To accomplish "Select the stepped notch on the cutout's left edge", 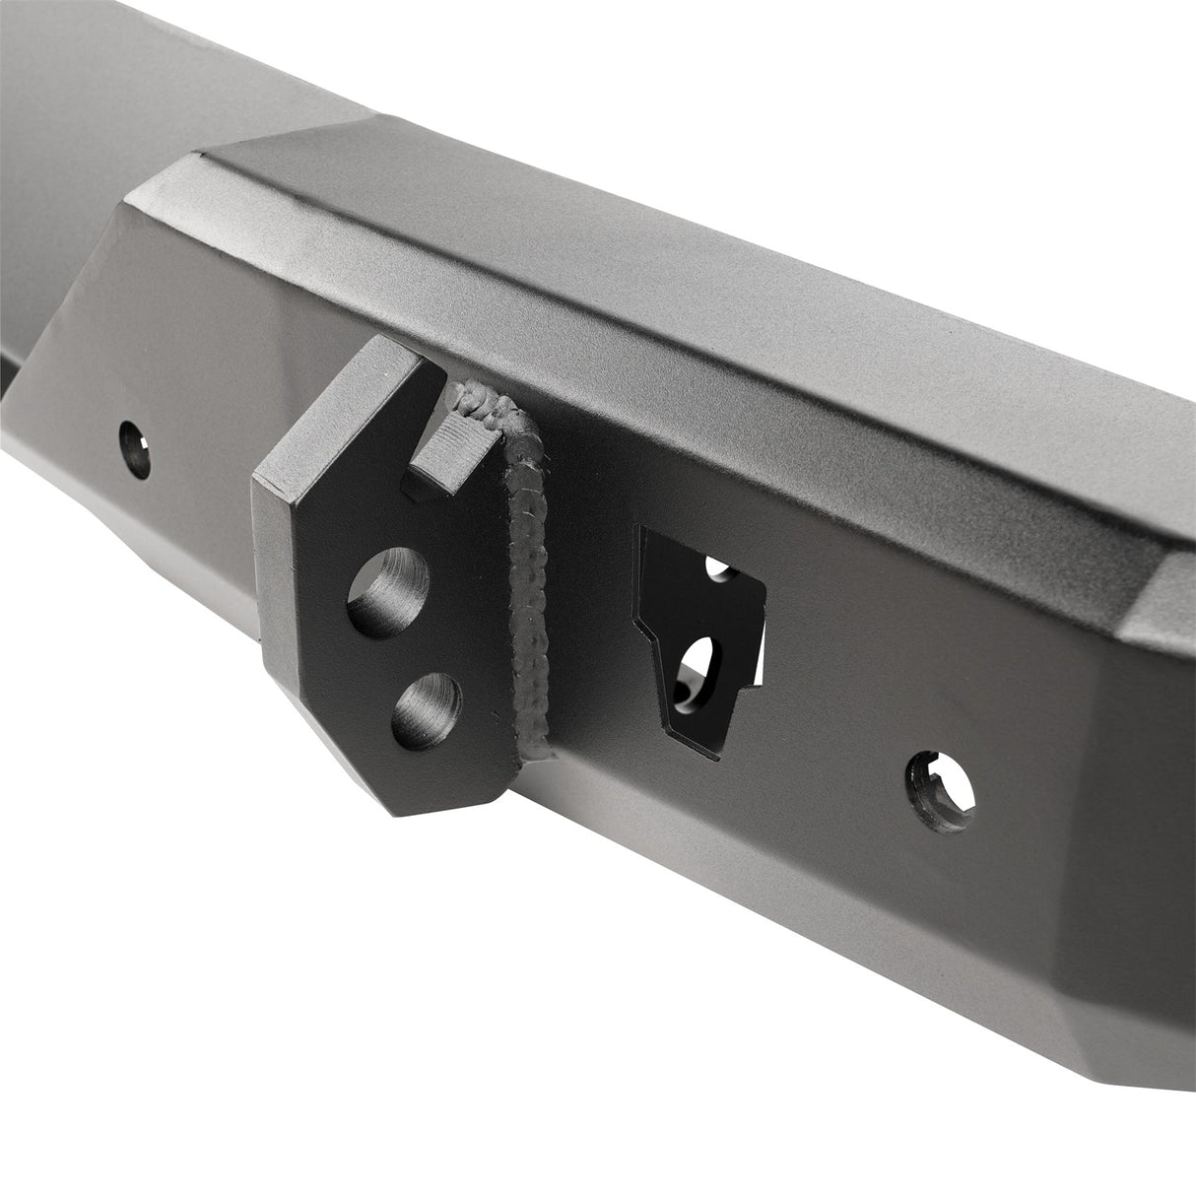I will pos(642,621).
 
